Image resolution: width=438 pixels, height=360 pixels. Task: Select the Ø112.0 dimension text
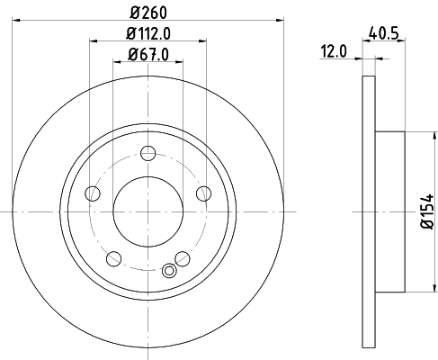148,35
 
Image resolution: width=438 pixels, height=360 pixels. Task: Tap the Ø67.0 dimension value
148,57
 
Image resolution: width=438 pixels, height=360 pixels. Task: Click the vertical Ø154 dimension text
426,212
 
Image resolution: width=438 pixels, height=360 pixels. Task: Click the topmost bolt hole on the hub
148,154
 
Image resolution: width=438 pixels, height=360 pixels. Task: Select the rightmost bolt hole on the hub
203,193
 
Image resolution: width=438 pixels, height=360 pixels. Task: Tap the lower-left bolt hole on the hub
113,258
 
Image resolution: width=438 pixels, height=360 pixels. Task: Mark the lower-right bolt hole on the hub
183,258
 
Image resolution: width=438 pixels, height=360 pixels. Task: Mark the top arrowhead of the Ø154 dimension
416,136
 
